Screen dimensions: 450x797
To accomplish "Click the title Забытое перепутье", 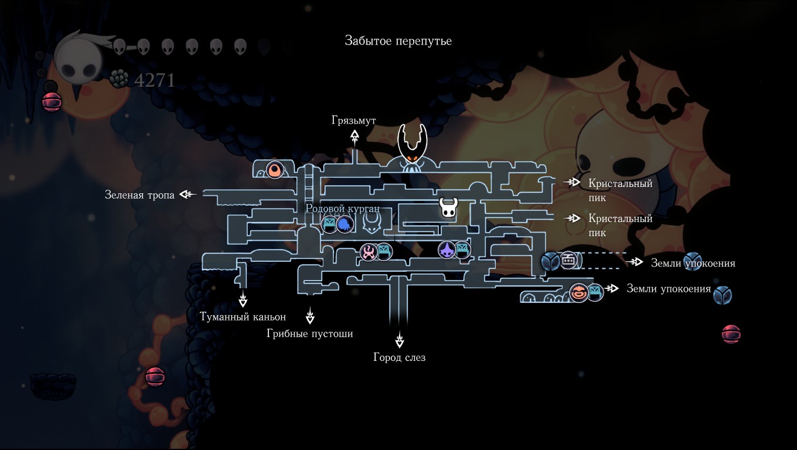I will pyautogui.click(x=398, y=41).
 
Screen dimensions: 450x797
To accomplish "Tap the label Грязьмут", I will pyautogui.click(x=353, y=120).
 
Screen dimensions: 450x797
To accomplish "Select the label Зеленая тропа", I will pyautogui.click(x=139, y=195).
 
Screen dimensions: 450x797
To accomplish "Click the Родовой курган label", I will pyautogui.click(x=342, y=209).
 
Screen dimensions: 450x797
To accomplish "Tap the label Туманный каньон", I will pyautogui.click(x=243, y=317).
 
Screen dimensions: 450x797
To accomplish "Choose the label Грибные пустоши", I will pyautogui.click(x=310, y=333).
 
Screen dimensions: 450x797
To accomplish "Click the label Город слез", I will pyautogui.click(x=399, y=357).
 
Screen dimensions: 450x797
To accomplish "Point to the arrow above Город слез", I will pyautogui.click(x=400, y=339).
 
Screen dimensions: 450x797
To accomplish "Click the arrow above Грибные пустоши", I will pyautogui.click(x=310, y=317).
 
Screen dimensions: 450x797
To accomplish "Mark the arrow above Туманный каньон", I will pyautogui.click(x=243, y=301).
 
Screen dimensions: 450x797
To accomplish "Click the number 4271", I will pyautogui.click(x=155, y=80).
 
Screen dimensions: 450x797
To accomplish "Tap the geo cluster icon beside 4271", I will pyautogui.click(x=120, y=79).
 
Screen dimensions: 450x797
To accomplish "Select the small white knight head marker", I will pyautogui.click(x=448, y=207).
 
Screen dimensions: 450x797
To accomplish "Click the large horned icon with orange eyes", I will pyautogui.click(x=413, y=146).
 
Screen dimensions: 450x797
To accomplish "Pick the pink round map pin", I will pyautogui.click(x=369, y=252).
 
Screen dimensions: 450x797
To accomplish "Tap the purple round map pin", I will pyautogui.click(x=447, y=250).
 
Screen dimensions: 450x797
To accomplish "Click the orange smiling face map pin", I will pyautogui.click(x=578, y=292).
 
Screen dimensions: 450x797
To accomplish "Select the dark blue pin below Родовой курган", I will pyautogui.click(x=345, y=224).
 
